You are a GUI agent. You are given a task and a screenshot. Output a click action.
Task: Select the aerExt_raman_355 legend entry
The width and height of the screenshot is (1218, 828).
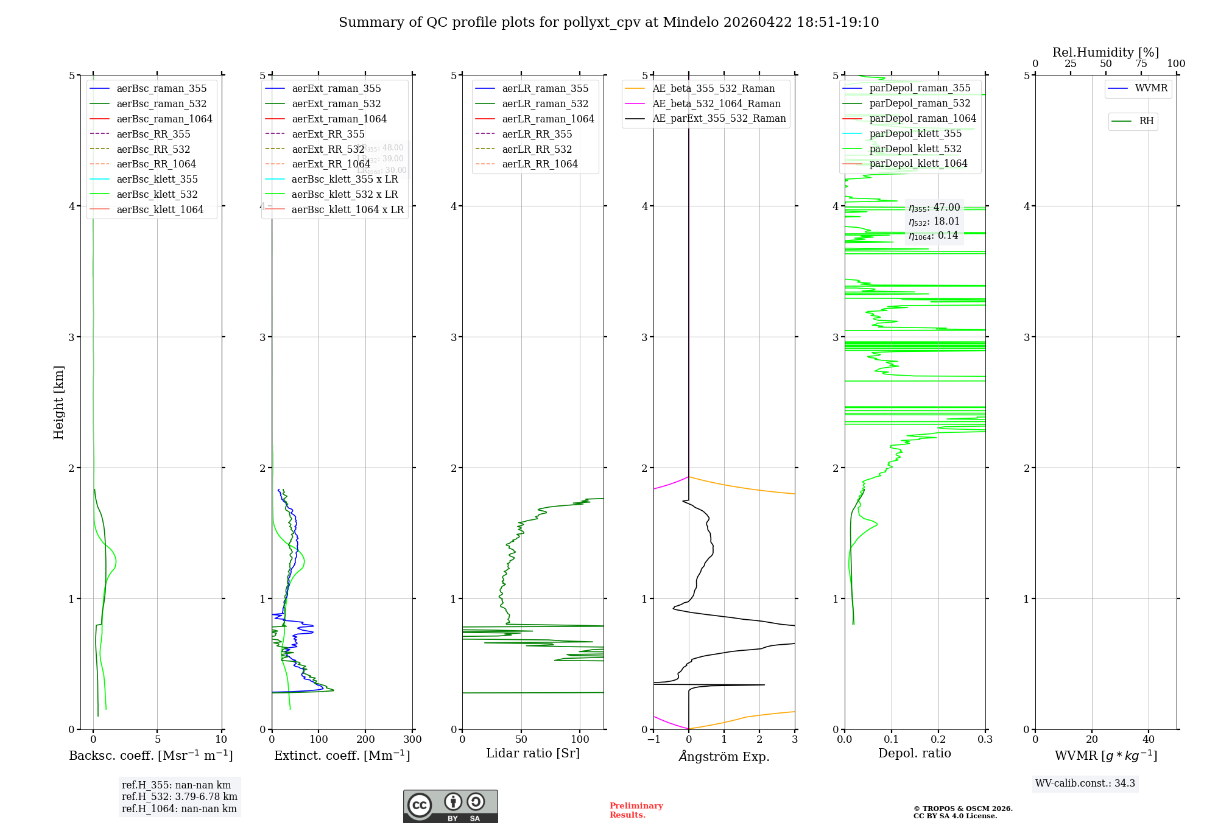[x=336, y=88]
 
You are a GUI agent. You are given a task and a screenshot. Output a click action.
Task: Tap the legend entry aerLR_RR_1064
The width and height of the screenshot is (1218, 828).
[x=540, y=164]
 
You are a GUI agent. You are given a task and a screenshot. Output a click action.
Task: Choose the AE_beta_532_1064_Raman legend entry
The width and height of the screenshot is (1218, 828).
[x=716, y=103]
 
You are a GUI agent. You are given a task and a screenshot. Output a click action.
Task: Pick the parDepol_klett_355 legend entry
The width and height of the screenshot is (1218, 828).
[x=915, y=133]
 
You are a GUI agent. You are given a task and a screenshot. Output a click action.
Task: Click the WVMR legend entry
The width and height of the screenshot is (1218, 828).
[x=1151, y=88]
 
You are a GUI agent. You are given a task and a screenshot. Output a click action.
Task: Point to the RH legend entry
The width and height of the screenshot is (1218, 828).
[x=1146, y=121]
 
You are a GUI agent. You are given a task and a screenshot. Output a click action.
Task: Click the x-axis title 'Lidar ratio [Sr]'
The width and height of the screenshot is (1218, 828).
[x=533, y=753]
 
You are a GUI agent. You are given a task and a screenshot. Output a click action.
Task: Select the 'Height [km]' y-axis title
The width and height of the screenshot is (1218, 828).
[x=58, y=402]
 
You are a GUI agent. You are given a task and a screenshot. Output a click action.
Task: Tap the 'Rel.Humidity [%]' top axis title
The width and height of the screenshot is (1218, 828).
[x=1105, y=52]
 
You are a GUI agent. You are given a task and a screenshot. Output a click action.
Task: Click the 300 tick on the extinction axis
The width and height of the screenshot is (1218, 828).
[x=412, y=739]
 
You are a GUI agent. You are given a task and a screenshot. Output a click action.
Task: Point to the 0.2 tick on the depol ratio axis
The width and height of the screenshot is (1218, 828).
[x=938, y=739]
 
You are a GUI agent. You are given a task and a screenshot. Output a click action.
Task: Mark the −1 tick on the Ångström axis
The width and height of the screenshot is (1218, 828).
[x=654, y=739]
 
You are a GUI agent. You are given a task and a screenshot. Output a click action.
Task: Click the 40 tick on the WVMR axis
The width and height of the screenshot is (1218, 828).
[x=1149, y=739]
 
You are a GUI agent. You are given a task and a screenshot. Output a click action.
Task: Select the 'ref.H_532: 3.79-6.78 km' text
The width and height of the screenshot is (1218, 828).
[x=180, y=796]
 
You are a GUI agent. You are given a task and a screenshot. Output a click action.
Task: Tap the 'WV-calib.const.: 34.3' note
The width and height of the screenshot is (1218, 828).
[x=1085, y=783]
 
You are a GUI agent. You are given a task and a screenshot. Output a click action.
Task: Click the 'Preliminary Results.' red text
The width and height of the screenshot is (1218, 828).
[x=636, y=810]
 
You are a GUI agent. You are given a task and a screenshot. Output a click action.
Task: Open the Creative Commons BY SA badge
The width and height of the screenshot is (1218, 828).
[x=450, y=806]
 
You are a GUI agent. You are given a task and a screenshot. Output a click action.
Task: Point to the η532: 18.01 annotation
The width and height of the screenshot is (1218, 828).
[x=934, y=222]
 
